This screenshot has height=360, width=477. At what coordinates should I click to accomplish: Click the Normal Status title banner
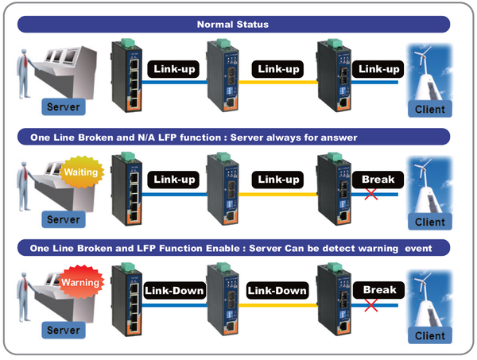(x=238, y=25)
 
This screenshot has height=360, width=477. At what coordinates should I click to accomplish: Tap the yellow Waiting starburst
(x=79, y=172)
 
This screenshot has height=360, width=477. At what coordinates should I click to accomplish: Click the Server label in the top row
(x=64, y=106)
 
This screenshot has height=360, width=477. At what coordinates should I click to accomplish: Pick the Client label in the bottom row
(x=430, y=335)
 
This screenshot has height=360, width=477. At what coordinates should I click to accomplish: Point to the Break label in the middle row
(x=379, y=180)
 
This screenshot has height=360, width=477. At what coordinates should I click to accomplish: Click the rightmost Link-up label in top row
(x=379, y=70)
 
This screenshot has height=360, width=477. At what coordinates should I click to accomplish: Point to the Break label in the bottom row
(x=379, y=290)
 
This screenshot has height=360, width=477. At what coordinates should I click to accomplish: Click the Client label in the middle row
(x=430, y=222)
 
